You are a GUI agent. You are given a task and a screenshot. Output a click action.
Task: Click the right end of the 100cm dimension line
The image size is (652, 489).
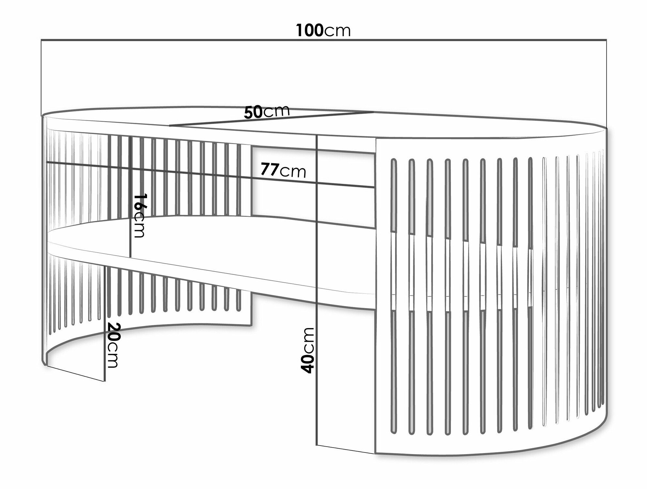click(606, 40)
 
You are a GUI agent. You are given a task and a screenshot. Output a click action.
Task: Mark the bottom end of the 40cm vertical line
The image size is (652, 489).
click(317, 445)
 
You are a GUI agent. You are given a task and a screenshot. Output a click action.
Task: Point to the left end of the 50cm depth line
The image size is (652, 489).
click(170, 126)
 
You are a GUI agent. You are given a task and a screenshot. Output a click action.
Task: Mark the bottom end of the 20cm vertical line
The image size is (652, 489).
click(105, 381)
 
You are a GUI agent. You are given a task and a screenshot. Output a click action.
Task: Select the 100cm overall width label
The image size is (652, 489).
click(323, 31)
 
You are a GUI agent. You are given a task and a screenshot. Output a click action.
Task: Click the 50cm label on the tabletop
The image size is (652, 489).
click(267, 112)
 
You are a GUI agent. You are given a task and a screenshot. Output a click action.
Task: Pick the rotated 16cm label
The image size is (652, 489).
click(140, 215)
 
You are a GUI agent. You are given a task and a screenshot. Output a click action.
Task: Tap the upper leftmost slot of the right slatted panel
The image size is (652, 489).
click(394, 196)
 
